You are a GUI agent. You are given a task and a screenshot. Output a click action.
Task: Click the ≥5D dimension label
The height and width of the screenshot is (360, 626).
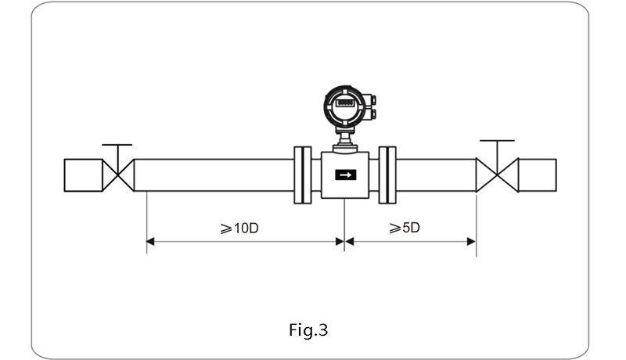[405, 228]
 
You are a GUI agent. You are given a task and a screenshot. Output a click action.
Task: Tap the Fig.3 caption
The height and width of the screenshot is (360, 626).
[308, 329]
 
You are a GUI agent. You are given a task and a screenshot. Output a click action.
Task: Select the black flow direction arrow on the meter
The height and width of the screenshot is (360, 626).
[344, 175]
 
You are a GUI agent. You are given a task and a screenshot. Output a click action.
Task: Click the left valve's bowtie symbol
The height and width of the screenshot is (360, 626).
[118, 175]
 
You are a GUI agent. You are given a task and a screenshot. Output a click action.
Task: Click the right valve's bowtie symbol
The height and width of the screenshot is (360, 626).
[497, 175]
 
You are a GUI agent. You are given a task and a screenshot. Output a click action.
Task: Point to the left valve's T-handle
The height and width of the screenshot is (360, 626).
[117, 146]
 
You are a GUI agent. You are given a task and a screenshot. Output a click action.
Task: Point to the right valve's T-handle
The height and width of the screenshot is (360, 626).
[497, 142]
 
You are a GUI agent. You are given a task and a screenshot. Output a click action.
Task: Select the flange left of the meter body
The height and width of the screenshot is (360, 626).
[302, 175]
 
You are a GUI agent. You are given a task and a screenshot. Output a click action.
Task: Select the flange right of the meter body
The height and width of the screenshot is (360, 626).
[387, 175]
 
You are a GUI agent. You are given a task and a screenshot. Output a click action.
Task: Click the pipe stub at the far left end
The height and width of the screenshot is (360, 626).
[82, 175]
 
